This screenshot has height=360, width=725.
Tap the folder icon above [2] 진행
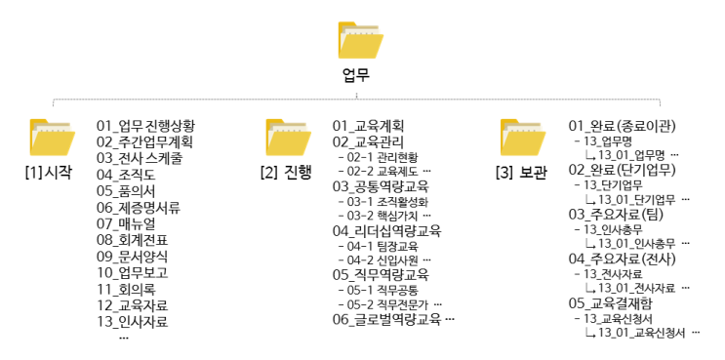pyautogui.click(x=288, y=139)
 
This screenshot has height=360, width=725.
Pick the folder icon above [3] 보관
pyautogui.click(x=523, y=139)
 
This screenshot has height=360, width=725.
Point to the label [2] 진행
pyautogui.click(x=287, y=173)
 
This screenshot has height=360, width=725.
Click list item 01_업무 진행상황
pyautogui.click(x=145, y=125)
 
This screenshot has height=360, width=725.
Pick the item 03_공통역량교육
pyautogui.click(x=381, y=185)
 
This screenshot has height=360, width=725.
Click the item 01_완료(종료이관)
pyautogui.click(x=623, y=125)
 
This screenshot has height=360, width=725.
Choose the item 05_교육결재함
pyautogui.click(x=612, y=303)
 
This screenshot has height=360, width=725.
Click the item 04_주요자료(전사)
pyautogui.click(x=622, y=259)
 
